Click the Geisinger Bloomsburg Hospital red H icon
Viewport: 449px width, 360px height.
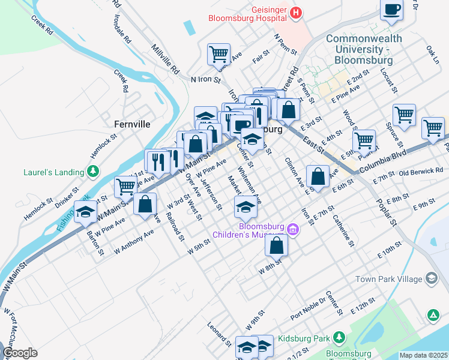coord(295,13)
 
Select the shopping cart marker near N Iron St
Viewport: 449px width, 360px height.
coord(219,55)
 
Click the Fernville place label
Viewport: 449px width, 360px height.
coord(131,124)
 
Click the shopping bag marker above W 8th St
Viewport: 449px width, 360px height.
coord(276,246)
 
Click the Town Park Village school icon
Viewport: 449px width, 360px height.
coord(431,278)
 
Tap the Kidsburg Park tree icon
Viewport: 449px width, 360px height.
coord(340,338)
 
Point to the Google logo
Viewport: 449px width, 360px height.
coord(20,353)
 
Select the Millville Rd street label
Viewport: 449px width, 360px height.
coord(166,58)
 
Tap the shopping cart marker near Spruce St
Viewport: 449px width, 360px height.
coord(405,116)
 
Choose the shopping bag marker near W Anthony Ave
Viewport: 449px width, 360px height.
coord(145,205)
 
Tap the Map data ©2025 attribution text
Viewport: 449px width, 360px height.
coord(423,355)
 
